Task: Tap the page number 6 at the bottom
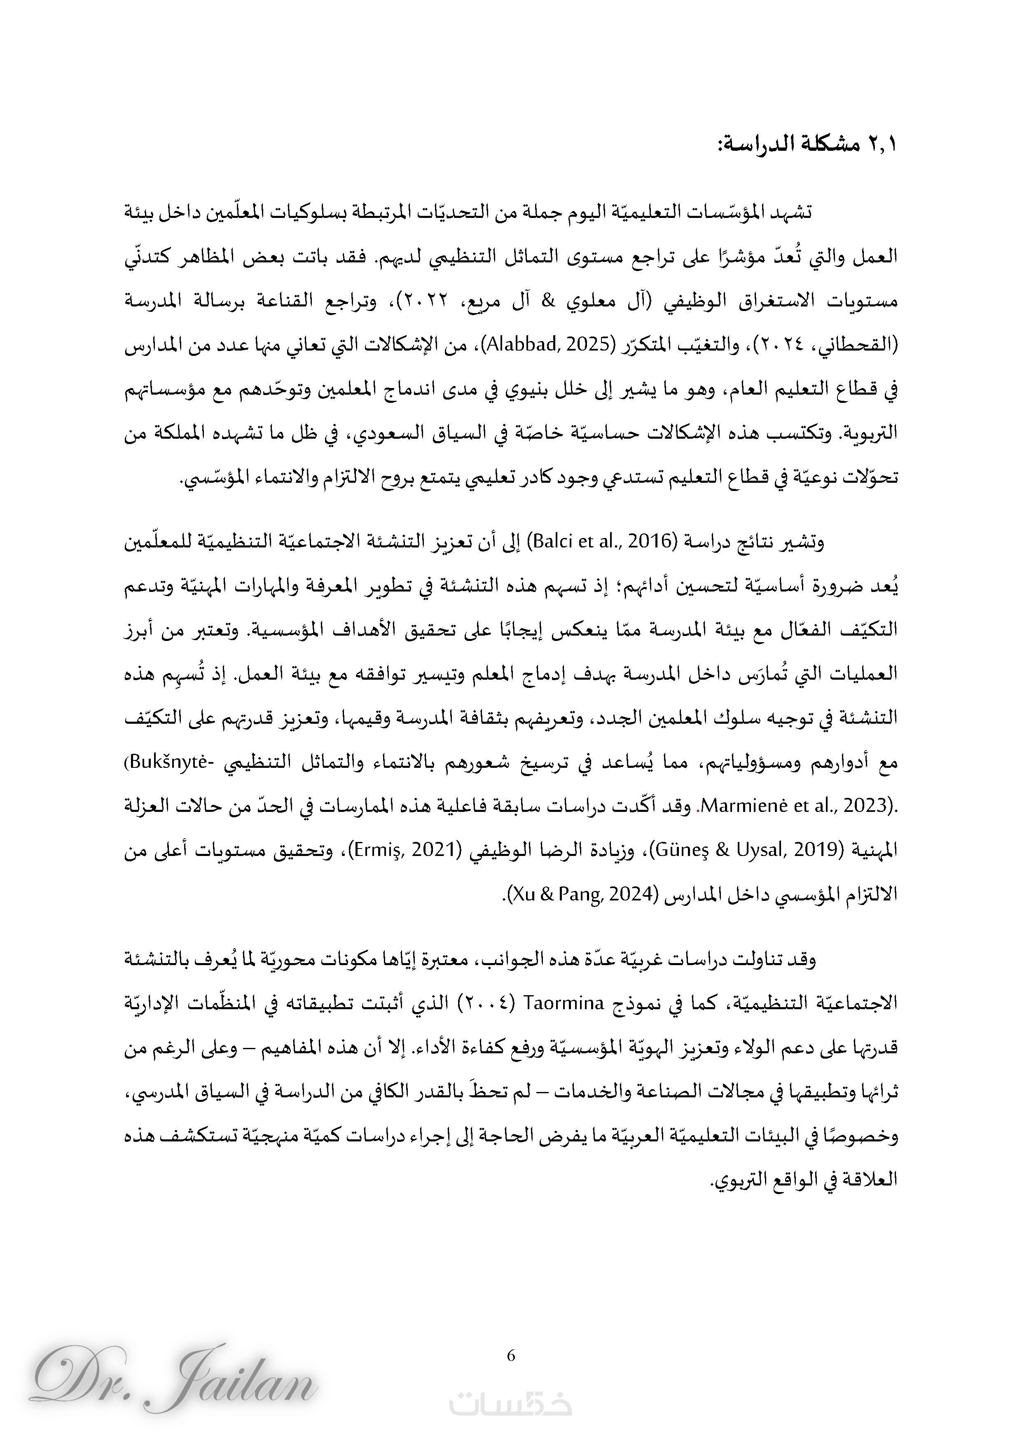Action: pos(510,1355)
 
